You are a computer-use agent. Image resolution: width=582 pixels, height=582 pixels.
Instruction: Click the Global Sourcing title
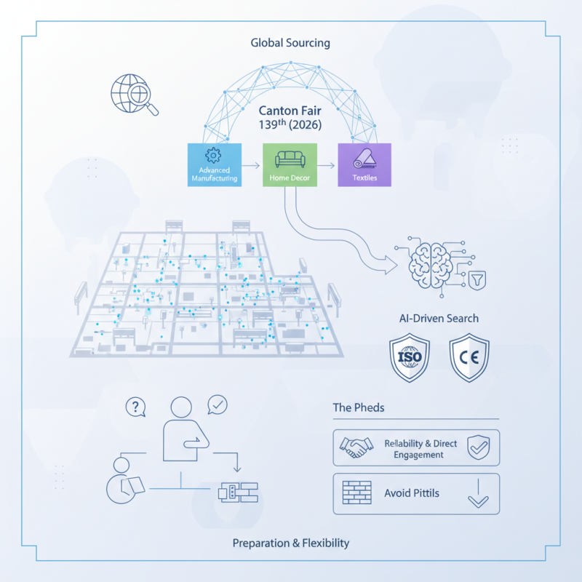[x=290, y=43]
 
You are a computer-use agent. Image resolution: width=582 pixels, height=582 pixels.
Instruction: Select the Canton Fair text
[x=291, y=113]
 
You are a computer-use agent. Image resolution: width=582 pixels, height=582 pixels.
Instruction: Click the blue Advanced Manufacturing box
[x=214, y=164]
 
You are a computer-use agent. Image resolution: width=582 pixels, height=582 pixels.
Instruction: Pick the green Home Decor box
[x=290, y=164]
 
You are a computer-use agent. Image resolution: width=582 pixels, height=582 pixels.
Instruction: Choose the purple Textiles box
[x=364, y=164]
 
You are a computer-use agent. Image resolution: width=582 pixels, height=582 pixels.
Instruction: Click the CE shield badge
[x=468, y=358]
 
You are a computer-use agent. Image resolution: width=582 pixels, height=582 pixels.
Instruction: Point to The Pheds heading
[x=359, y=407]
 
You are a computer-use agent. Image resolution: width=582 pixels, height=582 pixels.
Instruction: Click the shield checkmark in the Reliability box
[x=478, y=447]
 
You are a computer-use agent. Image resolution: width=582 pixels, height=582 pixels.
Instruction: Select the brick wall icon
[x=356, y=493]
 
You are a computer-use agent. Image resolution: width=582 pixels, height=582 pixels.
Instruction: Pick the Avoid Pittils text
[x=411, y=493]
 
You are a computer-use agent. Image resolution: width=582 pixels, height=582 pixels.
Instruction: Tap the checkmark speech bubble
[x=218, y=404]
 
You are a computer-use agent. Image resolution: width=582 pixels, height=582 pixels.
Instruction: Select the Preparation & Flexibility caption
[x=291, y=543]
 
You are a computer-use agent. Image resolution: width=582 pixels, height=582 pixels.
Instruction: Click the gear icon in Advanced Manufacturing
[x=213, y=154]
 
